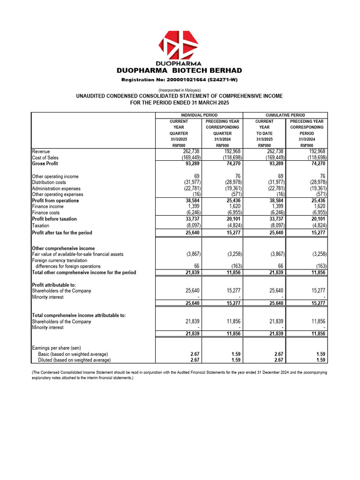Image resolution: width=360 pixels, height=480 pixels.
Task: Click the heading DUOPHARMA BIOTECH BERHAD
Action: (x=180, y=71)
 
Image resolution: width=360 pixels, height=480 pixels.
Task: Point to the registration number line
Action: (x=180, y=80)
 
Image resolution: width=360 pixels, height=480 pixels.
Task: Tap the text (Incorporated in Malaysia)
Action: (x=180, y=90)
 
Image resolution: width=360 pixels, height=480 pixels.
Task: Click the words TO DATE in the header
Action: (x=264, y=133)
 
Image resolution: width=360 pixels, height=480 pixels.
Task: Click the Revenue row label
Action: (x=41, y=152)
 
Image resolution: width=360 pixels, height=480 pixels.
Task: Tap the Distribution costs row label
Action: (x=52, y=182)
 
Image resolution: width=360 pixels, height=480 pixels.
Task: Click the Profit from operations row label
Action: (x=55, y=201)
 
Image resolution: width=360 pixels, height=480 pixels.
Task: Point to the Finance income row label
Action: (x=48, y=206)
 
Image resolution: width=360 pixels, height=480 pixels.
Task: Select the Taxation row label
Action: (x=42, y=225)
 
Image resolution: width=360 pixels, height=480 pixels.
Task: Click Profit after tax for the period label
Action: (x=62, y=233)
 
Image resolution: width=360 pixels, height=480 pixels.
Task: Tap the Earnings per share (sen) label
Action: (x=56, y=348)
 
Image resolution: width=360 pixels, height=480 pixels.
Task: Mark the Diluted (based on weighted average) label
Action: (x=74, y=360)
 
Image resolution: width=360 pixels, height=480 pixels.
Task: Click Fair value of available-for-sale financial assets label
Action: (x=77, y=254)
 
